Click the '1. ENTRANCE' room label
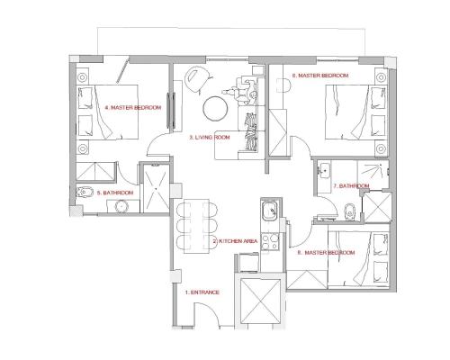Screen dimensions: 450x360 tap(202, 292)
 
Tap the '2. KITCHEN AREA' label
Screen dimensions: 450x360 tap(235, 241)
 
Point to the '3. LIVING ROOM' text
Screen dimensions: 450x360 tap(210, 138)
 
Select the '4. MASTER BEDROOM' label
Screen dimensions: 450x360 tap(133, 107)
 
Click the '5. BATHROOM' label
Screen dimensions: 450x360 tap(115, 193)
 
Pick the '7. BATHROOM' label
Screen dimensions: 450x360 tap(351, 186)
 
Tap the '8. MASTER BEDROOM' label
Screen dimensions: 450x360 tap(326, 253)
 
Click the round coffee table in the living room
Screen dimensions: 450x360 tap(215, 108)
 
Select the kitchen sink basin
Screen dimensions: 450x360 tap(271, 211)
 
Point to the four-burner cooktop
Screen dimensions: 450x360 tap(270, 242)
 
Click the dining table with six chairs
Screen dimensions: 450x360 tap(196, 226)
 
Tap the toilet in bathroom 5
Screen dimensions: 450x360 tap(85, 191)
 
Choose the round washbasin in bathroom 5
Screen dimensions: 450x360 tap(121, 206)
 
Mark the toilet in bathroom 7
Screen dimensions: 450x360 tap(349, 211)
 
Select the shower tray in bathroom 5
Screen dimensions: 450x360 tap(156, 188)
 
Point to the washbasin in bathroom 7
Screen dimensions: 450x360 tap(324, 171)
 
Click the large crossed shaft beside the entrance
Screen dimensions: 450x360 tap(260, 301)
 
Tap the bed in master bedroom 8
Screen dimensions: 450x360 tap(359, 259)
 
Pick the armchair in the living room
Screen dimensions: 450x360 tap(197, 78)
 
